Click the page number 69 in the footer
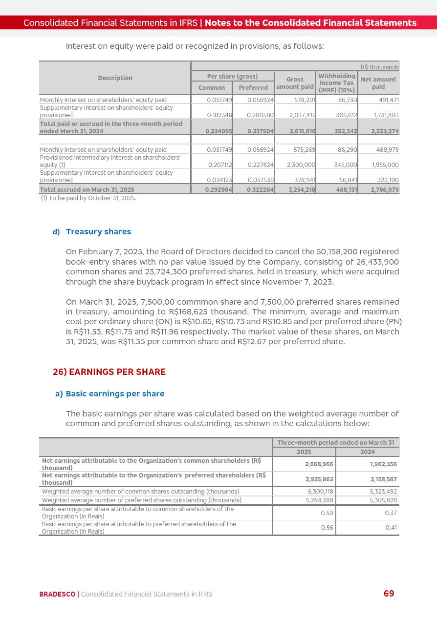tap(389, 594)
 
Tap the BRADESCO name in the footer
tap(57, 594)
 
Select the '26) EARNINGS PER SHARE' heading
tap(109, 372)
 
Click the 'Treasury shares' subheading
tap(98, 231)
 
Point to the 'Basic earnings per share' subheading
tap(115, 393)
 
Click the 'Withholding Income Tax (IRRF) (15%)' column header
tap(337, 83)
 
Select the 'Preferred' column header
tap(253, 88)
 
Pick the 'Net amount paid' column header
tap(378, 83)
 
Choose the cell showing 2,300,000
tap(301, 165)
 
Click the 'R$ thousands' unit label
tap(379, 67)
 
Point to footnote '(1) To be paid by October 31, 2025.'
tap(88, 198)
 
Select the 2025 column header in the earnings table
tap(304, 452)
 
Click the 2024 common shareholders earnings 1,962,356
tap(383, 464)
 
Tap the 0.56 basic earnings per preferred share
tap(327, 528)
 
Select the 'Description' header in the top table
tap(115, 78)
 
